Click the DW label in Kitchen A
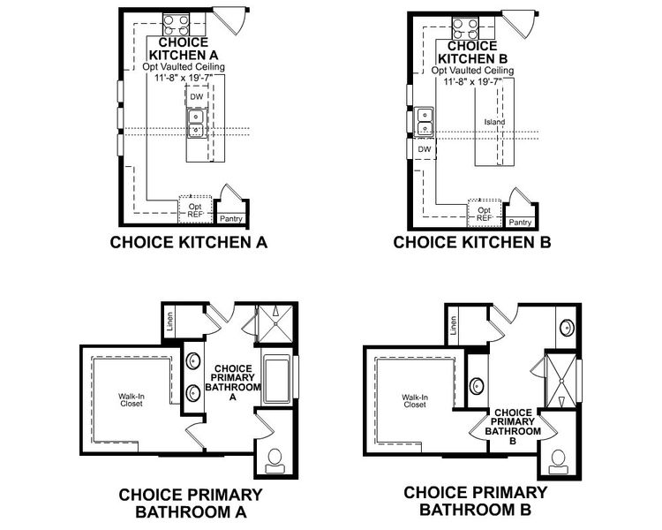(196, 96)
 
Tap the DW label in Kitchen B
(424, 149)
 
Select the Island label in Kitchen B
(494, 122)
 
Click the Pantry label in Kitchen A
(231, 217)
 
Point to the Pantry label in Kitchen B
(520, 223)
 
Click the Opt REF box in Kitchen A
(195, 208)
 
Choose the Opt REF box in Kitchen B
(484, 213)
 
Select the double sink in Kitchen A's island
(196, 123)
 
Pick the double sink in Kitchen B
(425, 122)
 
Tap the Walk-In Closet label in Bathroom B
(414, 401)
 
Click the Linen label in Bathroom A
(171, 322)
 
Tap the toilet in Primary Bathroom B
(558, 459)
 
